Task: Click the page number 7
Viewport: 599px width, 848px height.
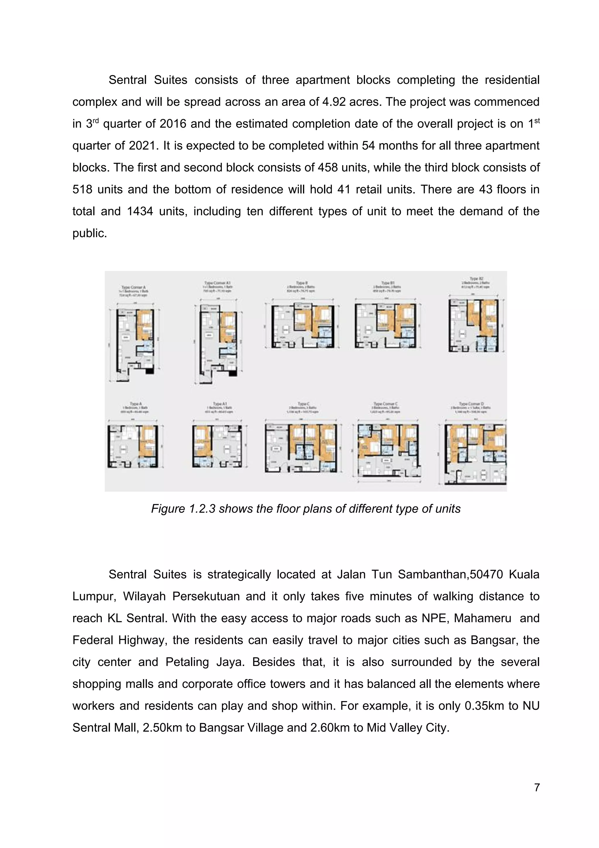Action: pos(537,788)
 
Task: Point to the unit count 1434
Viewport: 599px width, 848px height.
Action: pos(140,211)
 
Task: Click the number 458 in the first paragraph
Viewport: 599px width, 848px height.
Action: pos(327,167)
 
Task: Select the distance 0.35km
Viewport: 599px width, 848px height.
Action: pos(484,706)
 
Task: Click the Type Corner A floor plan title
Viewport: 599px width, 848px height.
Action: pos(134,287)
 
